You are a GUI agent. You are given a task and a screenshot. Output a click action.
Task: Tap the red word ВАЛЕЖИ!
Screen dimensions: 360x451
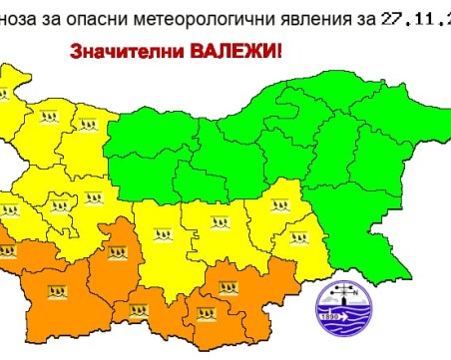point(240,48)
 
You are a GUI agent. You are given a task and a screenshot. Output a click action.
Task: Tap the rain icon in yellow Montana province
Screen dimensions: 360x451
point(47,119)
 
